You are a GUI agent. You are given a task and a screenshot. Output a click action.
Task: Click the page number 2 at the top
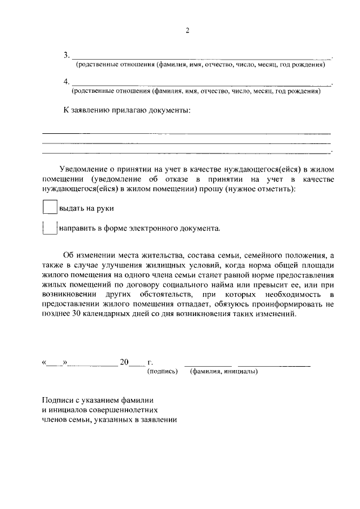[x=187, y=31]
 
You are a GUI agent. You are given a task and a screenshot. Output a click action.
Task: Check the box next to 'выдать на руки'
[x=50, y=208]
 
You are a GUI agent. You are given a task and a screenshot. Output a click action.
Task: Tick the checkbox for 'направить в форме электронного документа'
[x=50, y=228]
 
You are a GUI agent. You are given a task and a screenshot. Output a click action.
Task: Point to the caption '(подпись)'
[x=162, y=372]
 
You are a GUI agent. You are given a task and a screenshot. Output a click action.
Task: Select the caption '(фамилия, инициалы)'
[x=224, y=372]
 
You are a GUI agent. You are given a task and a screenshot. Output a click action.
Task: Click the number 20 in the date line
[x=124, y=362]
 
